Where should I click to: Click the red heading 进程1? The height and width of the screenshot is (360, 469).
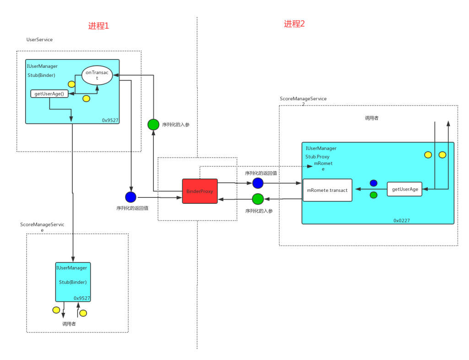(98, 26)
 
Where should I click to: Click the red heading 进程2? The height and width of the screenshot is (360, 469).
(294, 24)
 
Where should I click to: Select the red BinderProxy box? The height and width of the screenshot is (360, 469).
(200, 191)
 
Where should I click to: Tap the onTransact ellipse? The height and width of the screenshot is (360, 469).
(97, 75)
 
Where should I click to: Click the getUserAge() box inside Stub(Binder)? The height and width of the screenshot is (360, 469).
(49, 94)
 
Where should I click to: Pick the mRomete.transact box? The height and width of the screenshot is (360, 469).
(327, 190)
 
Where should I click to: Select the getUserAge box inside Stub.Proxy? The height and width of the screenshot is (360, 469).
(404, 189)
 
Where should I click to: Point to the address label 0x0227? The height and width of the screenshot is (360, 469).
(402, 220)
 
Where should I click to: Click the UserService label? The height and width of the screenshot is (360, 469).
(39, 40)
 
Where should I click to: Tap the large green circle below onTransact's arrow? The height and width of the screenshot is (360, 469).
(153, 124)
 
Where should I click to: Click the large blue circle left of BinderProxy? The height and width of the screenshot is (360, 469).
(131, 197)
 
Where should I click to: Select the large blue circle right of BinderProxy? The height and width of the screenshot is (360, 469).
(258, 183)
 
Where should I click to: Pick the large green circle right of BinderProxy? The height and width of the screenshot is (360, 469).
(258, 199)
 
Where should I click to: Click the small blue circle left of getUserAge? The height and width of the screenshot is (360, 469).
(373, 183)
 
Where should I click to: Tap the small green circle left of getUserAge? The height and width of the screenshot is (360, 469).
(373, 195)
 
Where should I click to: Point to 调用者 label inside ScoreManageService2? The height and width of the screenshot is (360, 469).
(371, 118)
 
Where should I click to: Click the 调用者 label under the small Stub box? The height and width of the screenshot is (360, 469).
(69, 323)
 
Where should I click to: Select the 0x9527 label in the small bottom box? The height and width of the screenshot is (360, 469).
(82, 298)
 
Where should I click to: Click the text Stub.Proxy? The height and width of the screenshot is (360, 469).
(317, 157)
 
